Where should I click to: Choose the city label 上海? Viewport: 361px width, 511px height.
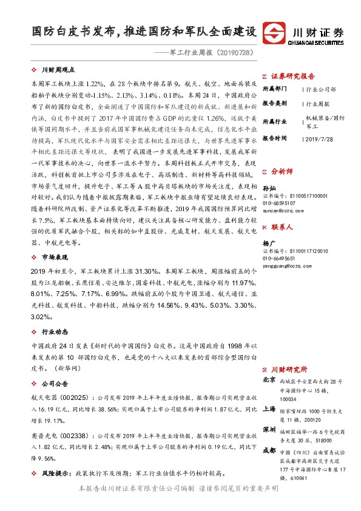pyautogui.click(x=268, y=409)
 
